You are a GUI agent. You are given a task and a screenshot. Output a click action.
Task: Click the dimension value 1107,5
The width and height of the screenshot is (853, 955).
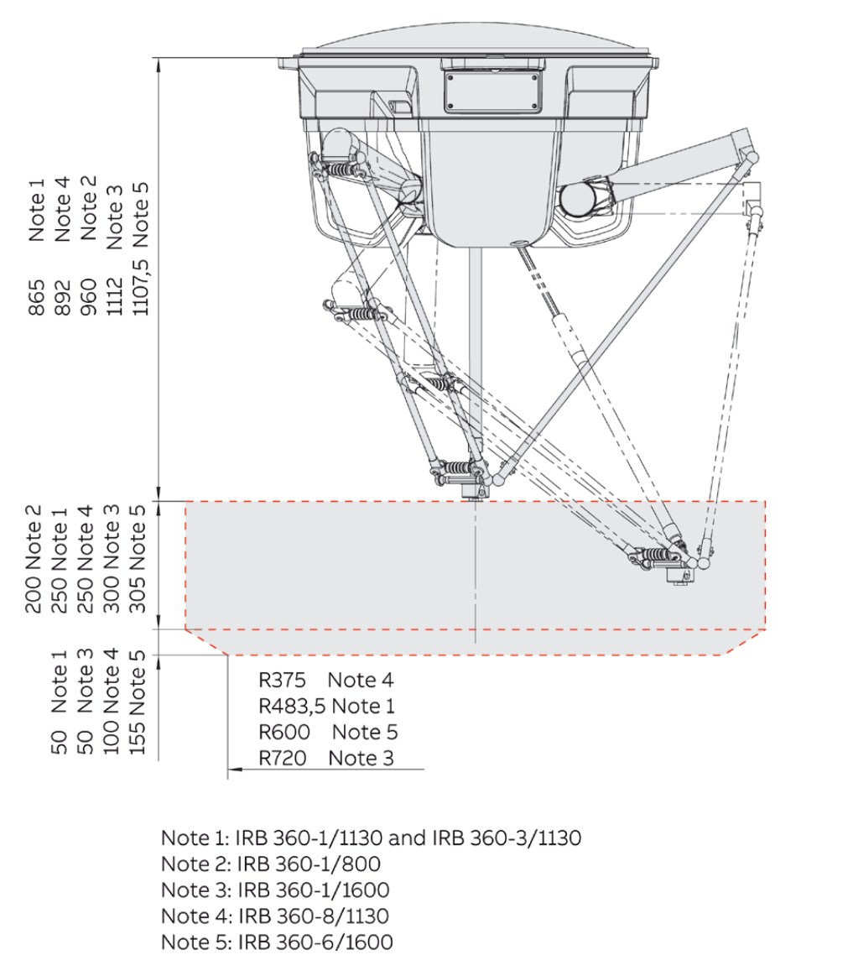139,287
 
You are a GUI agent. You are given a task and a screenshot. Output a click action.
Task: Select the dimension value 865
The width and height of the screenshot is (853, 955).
37,297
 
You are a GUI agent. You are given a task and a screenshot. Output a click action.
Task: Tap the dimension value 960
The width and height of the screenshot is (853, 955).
88,297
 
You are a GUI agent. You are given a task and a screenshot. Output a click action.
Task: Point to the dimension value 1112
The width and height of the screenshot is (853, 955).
114,296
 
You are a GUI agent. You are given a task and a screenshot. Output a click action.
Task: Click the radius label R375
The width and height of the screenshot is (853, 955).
282,680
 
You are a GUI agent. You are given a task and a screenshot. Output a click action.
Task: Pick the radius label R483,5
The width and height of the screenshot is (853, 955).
292,706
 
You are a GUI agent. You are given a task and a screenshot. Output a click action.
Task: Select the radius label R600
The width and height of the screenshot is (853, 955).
284,732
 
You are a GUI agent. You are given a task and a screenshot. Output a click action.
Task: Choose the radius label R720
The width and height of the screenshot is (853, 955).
283,758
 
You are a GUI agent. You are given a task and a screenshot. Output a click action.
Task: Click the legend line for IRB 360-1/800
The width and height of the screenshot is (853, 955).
271,864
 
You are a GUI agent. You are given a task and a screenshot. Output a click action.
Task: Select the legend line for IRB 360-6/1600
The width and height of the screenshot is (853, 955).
277,942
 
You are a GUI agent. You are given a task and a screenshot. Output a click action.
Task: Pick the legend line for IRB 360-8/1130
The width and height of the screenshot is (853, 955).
275,916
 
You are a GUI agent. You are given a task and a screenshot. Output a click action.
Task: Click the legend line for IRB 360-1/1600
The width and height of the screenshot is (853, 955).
275,890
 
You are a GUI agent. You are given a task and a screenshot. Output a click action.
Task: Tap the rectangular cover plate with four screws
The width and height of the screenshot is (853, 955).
492,92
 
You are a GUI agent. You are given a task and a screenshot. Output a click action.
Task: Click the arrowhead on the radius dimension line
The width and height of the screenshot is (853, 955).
235,770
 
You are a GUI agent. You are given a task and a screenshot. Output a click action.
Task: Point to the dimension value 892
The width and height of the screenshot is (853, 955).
62,297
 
